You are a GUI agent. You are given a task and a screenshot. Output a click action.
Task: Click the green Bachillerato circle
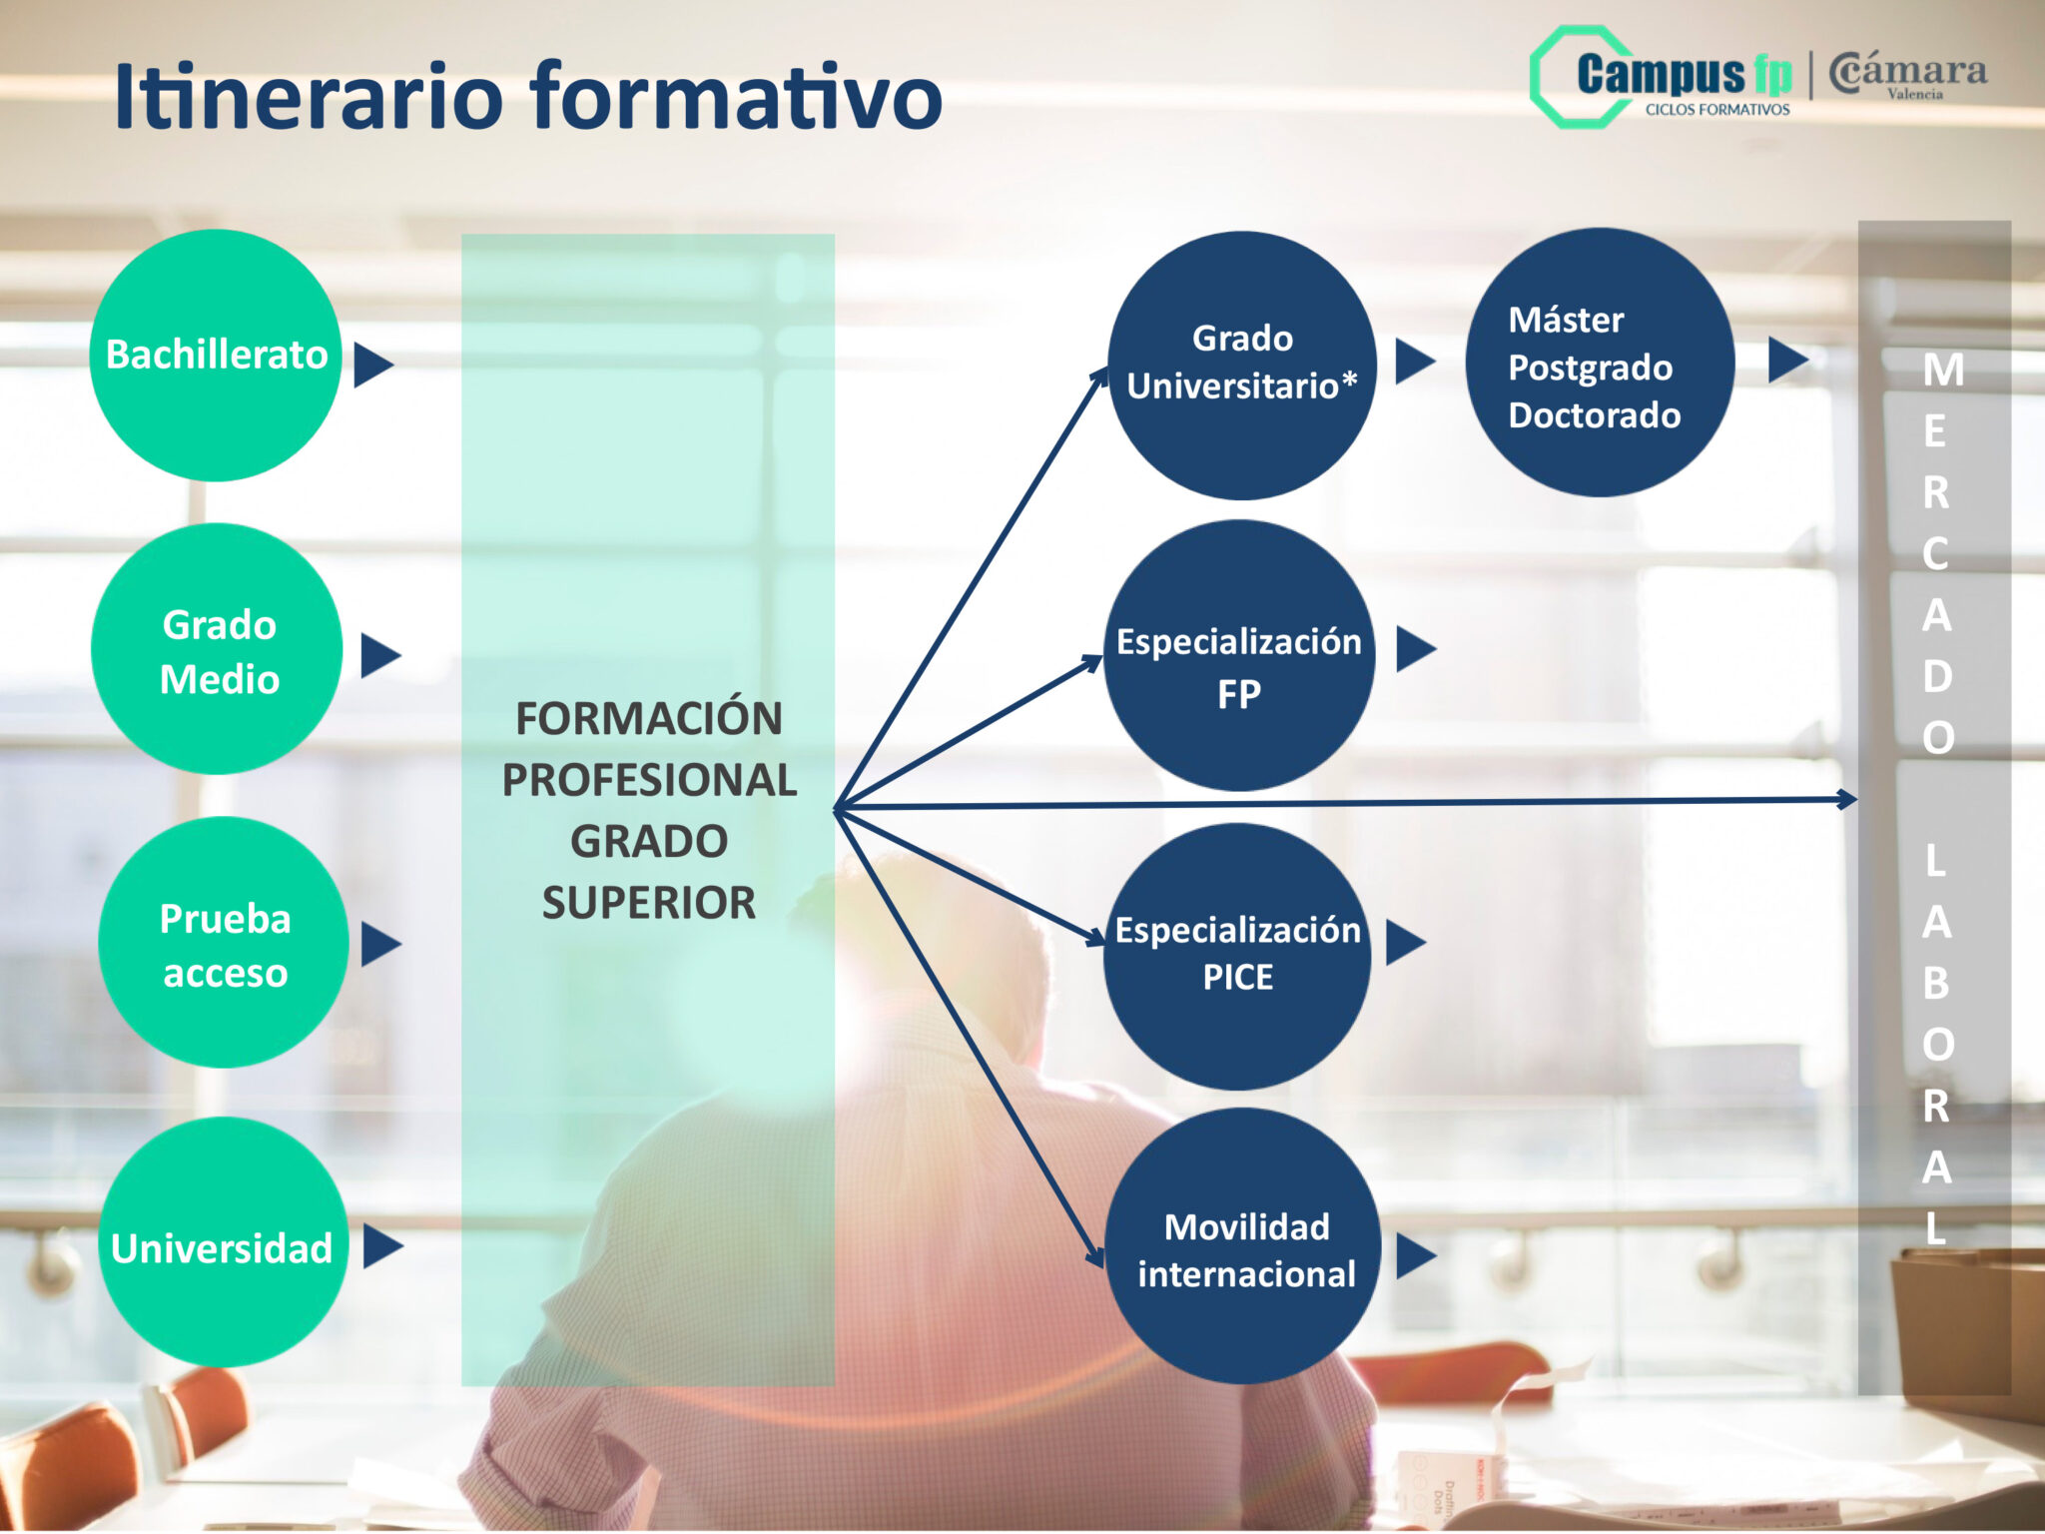216,356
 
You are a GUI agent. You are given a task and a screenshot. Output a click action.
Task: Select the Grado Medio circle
218,649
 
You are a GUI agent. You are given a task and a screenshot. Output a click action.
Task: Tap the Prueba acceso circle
224,943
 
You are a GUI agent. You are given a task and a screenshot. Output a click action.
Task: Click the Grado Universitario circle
1242,366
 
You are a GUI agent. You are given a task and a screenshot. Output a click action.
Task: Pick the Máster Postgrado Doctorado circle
1600,363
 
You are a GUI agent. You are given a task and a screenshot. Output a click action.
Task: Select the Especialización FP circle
1239,656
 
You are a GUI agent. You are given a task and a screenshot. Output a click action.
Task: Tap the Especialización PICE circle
1238,956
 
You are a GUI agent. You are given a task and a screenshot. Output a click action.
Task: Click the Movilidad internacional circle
1244,1246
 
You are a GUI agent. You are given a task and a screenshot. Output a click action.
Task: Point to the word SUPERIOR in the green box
649,903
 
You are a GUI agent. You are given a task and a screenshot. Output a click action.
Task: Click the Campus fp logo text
1684,74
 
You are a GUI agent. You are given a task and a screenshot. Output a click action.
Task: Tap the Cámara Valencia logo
1907,76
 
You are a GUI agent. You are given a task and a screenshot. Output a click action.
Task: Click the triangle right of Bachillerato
371,365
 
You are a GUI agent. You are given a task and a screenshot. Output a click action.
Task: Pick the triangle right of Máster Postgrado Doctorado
1785,360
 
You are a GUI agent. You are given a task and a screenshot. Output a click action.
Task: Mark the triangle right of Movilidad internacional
1413,1255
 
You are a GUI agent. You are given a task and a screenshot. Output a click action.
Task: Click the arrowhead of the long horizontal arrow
1847,799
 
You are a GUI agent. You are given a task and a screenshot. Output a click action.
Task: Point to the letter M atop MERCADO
1943,371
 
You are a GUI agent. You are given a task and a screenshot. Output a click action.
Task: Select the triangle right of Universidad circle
380,1245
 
